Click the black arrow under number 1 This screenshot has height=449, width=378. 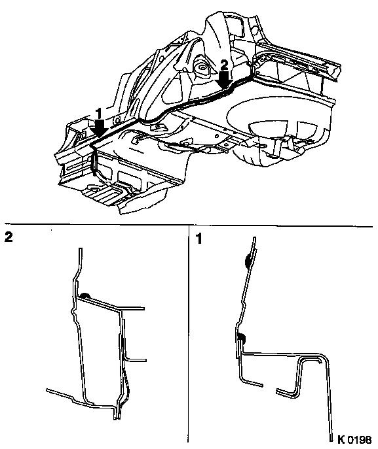click(99, 127)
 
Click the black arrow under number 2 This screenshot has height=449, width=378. click(224, 78)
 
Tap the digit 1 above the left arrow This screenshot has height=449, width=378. click(98, 114)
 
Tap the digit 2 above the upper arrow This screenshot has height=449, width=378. click(224, 65)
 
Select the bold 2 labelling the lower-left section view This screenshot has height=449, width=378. click(9, 237)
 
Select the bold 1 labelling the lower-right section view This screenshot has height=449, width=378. click(198, 239)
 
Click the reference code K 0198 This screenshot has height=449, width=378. click(354, 439)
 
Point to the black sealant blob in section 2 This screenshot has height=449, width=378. click(85, 296)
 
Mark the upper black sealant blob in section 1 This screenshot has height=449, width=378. click(247, 261)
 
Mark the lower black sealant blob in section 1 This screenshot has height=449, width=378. click(242, 338)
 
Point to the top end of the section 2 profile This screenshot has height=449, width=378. click(81, 249)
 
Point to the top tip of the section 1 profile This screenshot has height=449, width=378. click(254, 238)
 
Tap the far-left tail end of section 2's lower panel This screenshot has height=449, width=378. click(47, 390)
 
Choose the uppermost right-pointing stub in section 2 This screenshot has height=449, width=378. click(132, 308)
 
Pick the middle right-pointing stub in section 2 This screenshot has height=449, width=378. click(136, 361)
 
